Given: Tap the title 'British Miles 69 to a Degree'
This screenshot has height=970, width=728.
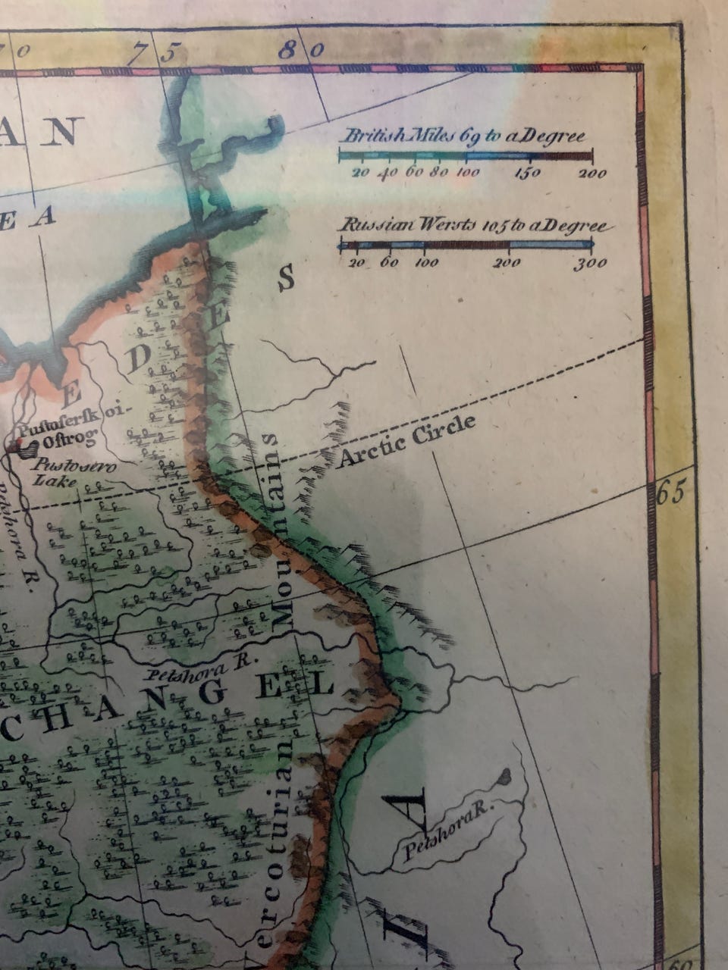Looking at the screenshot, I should click(465, 137).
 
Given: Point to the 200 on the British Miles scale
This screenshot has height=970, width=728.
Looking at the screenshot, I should click(592, 174).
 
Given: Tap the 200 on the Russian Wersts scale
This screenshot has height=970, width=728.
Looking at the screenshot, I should click(507, 264).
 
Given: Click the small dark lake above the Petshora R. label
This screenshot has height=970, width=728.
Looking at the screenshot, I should click(503, 775).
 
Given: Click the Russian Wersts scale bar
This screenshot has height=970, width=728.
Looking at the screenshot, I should click(466, 244).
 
